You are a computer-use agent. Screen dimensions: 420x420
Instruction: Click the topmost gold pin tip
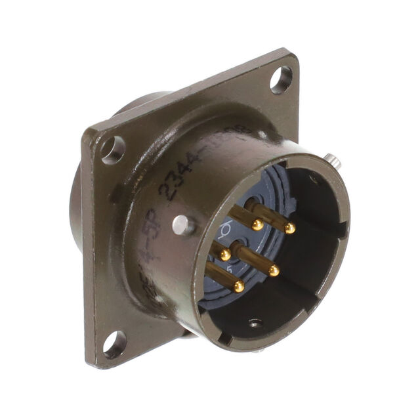point(258,224)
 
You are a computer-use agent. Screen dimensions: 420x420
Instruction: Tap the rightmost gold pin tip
point(289,228)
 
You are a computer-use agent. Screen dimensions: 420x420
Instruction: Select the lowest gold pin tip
point(239,285)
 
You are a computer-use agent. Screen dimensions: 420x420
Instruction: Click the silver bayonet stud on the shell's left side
point(183,226)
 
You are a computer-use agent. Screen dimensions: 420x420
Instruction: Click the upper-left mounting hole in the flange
point(113,150)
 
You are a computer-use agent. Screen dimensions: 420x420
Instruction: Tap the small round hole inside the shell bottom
point(255,323)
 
